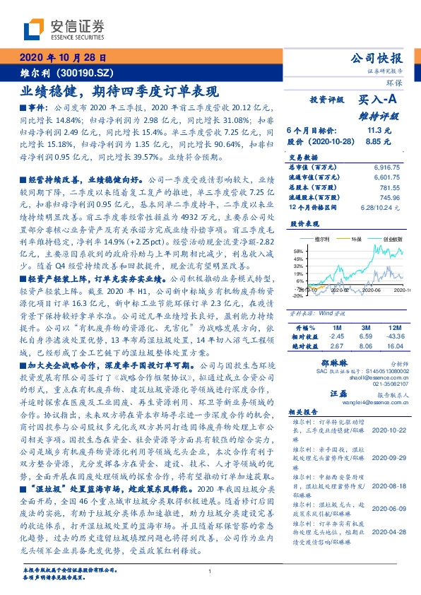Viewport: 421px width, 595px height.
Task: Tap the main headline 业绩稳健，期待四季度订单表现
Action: [119, 90]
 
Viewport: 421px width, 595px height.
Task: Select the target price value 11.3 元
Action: [379, 131]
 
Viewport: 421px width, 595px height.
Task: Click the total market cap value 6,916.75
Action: [389, 166]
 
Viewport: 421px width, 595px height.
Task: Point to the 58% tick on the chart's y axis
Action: [298, 250]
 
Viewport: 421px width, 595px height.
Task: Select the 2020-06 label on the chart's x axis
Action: [368, 290]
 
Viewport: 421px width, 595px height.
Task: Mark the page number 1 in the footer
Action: [210, 572]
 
